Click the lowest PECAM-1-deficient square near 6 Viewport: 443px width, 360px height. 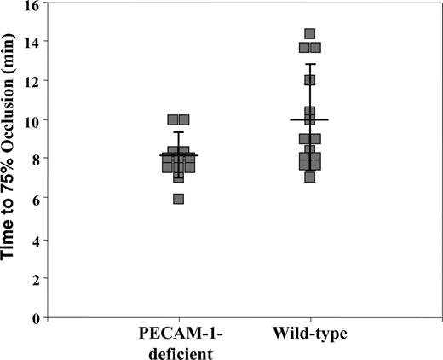point(178,199)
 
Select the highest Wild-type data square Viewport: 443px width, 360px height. point(310,34)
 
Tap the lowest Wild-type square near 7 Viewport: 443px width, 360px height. point(310,177)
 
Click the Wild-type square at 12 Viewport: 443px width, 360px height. point(310,80)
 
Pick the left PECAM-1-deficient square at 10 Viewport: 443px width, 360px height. point(173,120)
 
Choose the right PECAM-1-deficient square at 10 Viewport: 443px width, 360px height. point(184,120)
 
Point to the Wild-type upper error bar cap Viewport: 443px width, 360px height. point(310,64)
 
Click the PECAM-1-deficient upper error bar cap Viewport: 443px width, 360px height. point(178,132)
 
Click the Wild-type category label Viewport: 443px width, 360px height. point(309,332)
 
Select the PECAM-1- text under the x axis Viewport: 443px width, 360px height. point(178,332)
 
